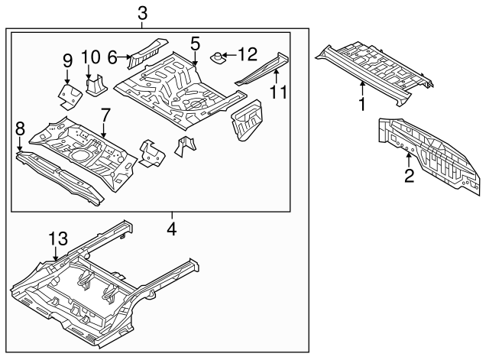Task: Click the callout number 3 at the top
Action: coord(142,12)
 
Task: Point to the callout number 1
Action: coord(362,102)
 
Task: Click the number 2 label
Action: coord(409,177)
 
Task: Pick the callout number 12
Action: coord(248,54)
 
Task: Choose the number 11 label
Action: coord(277,93)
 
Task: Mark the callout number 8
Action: coord(20,128)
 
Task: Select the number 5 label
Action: coord(196,44)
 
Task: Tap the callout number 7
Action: coord(105,115)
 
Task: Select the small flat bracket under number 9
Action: coord(70,95)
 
